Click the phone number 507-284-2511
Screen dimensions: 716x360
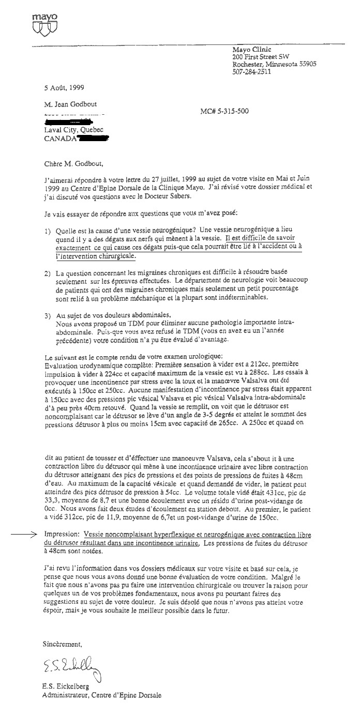(252, 72)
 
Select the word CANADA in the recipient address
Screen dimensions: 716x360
(61, 139)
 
